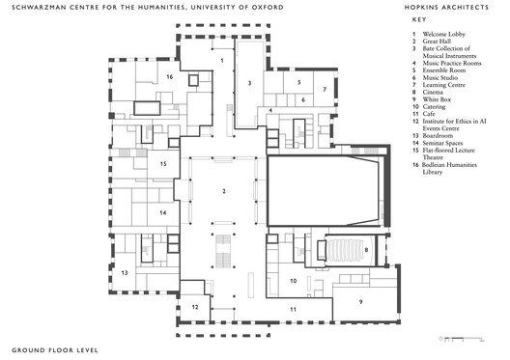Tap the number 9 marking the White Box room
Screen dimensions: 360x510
[x=361, y=301]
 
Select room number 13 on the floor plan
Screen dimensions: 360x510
[x=125, y=274]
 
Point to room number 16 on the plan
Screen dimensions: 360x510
[x=168, y=74]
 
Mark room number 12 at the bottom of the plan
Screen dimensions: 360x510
[x=194, y=307]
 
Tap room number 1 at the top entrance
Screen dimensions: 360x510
[x=223, y=60]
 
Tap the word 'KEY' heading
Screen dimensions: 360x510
[x=416, y=19]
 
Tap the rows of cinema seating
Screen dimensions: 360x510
[x=347, y=253]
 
